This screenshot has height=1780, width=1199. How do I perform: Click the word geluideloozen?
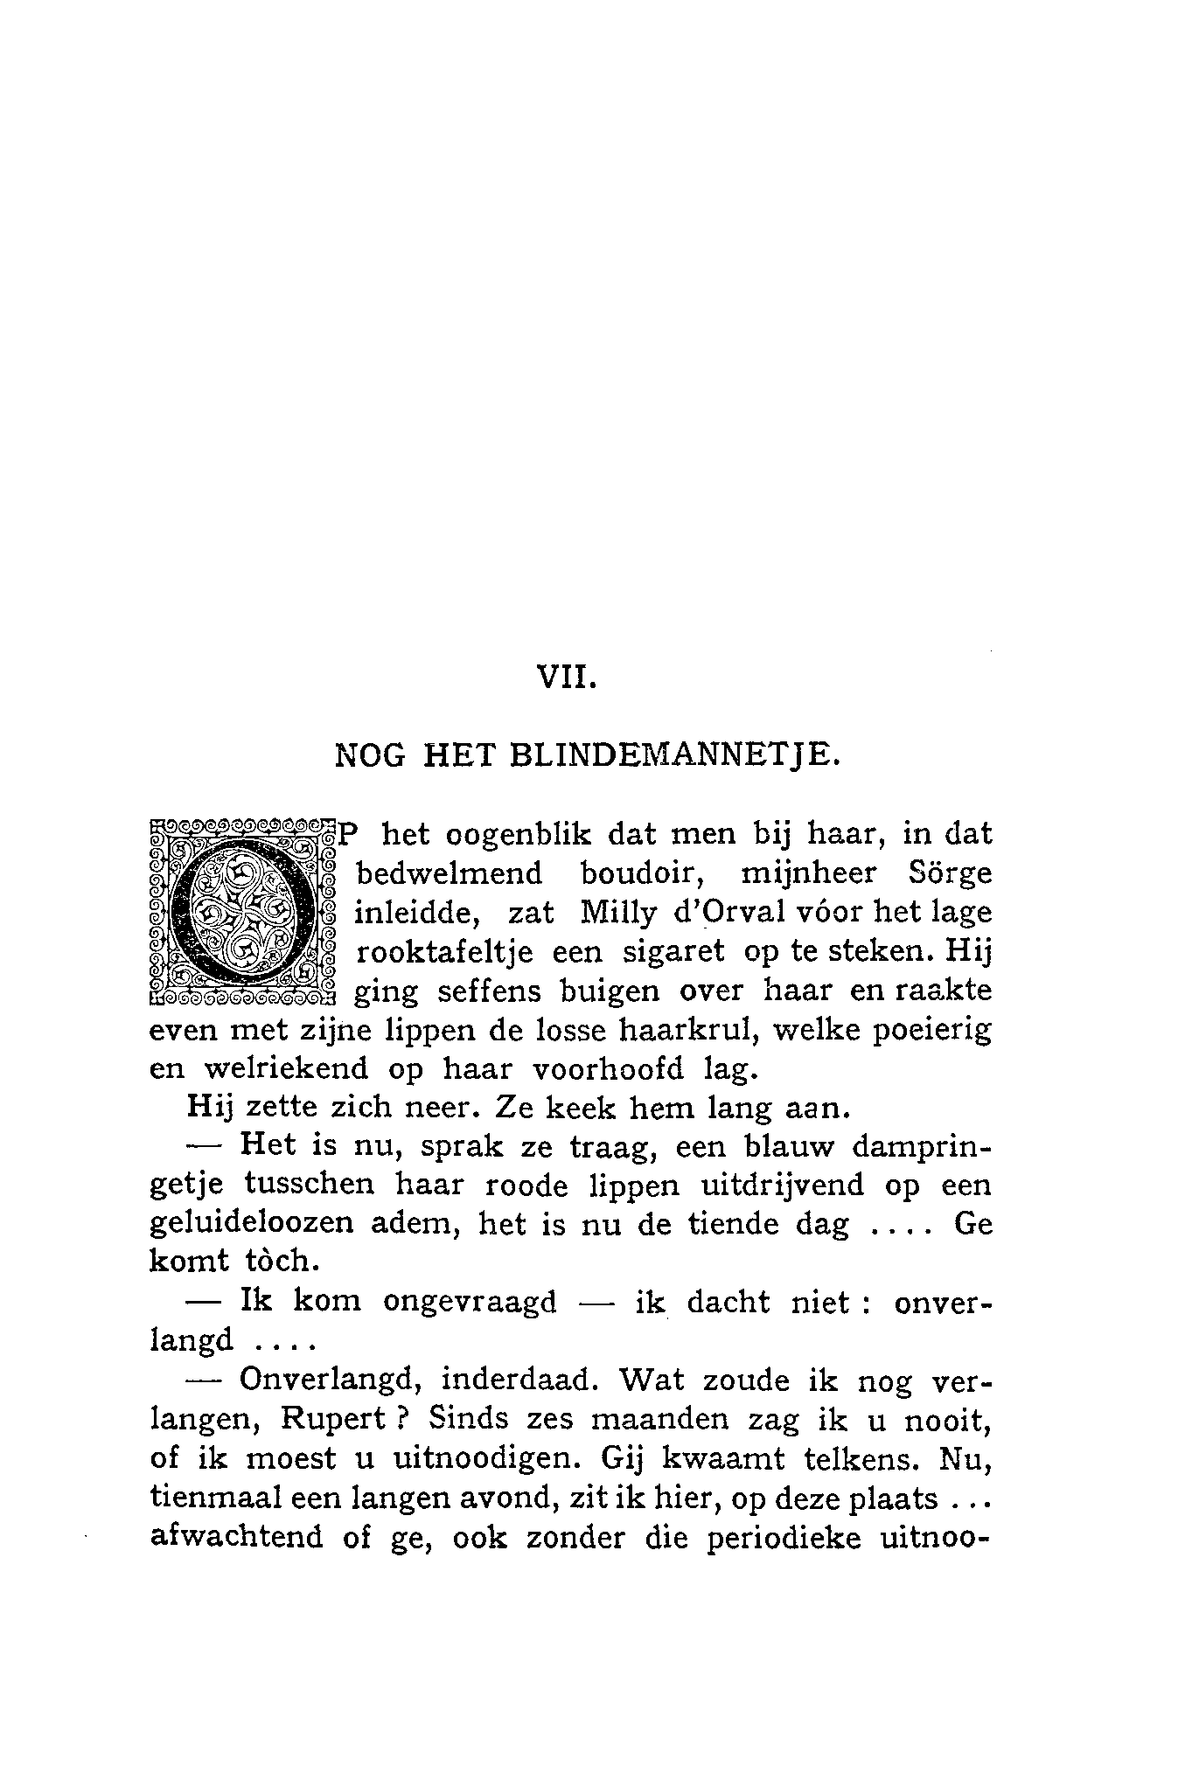pos(250,1223)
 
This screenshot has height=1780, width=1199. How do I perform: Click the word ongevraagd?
pos(470,1302)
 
